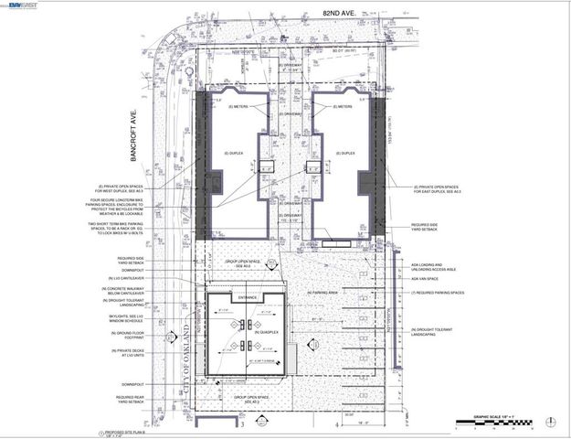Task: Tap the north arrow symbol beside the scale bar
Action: coord(550,422)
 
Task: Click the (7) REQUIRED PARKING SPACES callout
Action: coord(438,293)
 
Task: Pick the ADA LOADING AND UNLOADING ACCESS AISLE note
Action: coord(430,268)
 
